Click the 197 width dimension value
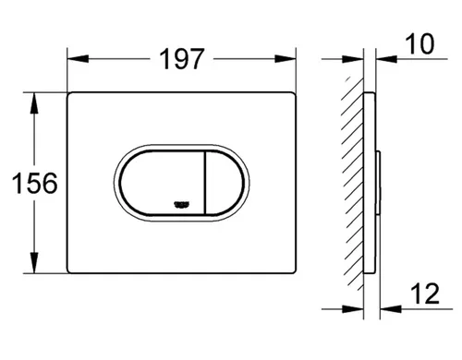tap(182, 59)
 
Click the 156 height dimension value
tap(35, 184)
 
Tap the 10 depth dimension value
tap(419, 44)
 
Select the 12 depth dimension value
tap(425, 294)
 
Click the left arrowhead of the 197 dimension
tap(78, 59)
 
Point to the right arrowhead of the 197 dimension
tap(286, 59)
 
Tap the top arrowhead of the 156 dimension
tap(34, 102)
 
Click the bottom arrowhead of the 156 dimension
tap(34, 262)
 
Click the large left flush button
tap(162, 183)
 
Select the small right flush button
tap(225, 183)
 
